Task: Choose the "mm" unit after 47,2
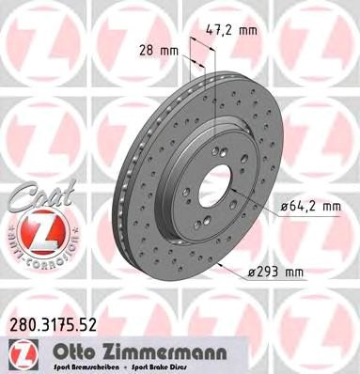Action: coord(248,30)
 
